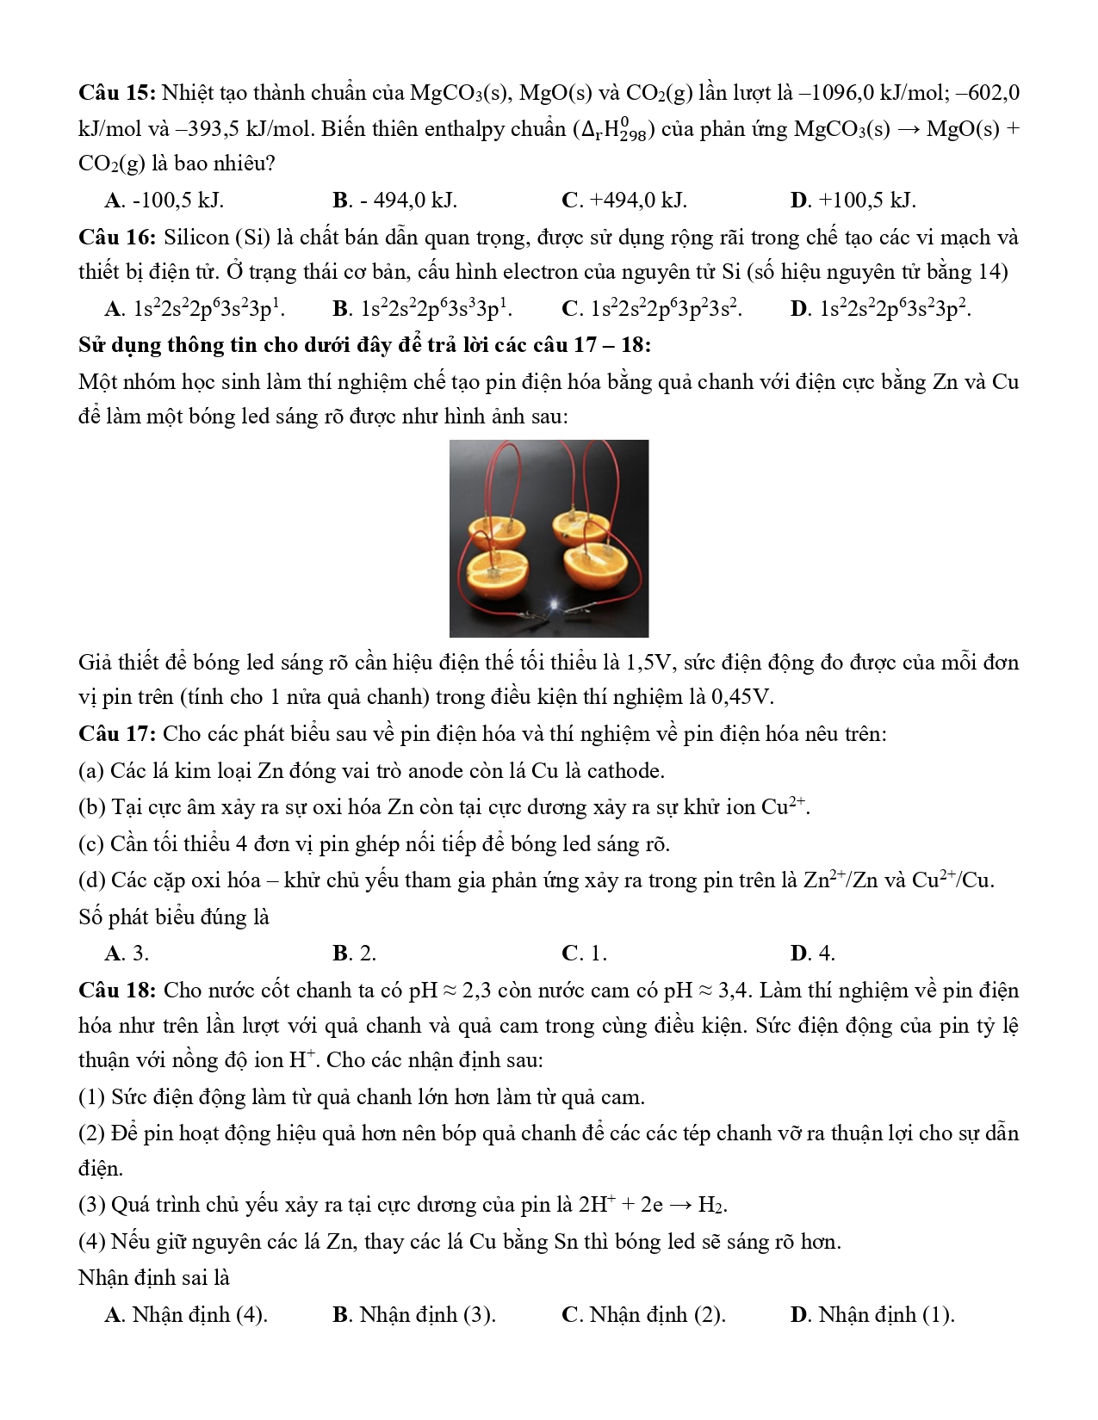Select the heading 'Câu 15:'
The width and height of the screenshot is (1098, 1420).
pos(116,93)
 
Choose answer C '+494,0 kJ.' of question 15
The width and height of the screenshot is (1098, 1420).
pos(623,201)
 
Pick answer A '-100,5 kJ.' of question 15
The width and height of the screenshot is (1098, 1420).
pos(164,201)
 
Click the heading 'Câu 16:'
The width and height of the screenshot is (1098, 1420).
pos(116,238)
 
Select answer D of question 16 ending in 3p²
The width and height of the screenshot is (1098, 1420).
pos(881,309)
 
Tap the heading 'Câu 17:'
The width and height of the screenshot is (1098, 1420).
pos(116,734)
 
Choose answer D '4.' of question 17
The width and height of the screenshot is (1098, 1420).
pos(812,954)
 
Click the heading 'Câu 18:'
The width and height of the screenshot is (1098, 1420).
pos(116,991)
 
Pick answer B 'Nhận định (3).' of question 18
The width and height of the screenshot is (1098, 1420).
pos(413,1315)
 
